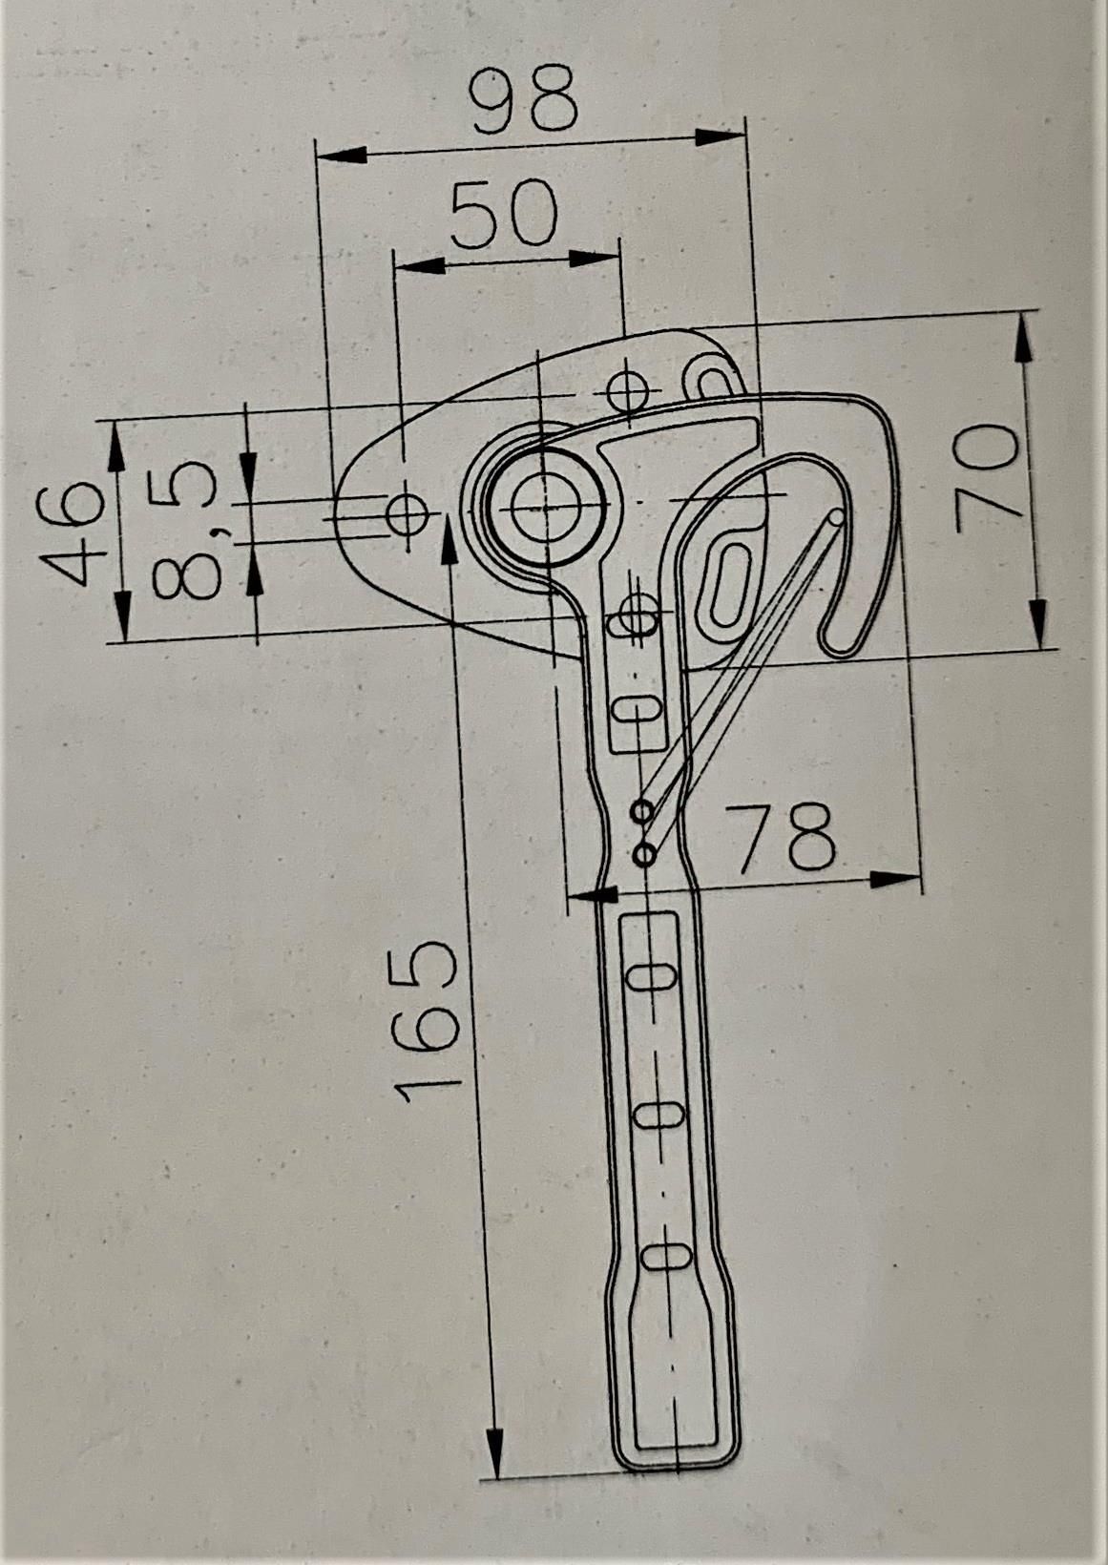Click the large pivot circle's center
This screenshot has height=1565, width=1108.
(x=546, y=508)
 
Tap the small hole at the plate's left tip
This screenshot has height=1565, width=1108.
(x=408, y=513)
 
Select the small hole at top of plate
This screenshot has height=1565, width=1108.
(x=627, y=392)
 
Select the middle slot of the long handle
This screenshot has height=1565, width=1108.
(x=659, y=1115)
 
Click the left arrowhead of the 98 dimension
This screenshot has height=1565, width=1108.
(x=342, y=155)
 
